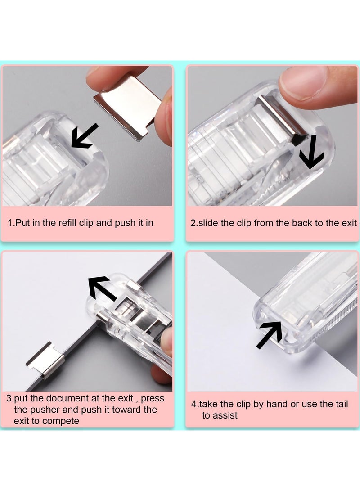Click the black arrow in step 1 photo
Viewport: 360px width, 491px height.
point(84,136)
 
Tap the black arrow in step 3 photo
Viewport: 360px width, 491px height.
point(103,288)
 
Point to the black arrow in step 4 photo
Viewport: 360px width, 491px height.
point(270,335)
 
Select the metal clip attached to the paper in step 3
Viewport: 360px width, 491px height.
point(45,359)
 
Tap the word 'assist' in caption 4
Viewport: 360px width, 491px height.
point(226,415)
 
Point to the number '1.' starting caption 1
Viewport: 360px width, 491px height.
point(12,223)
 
